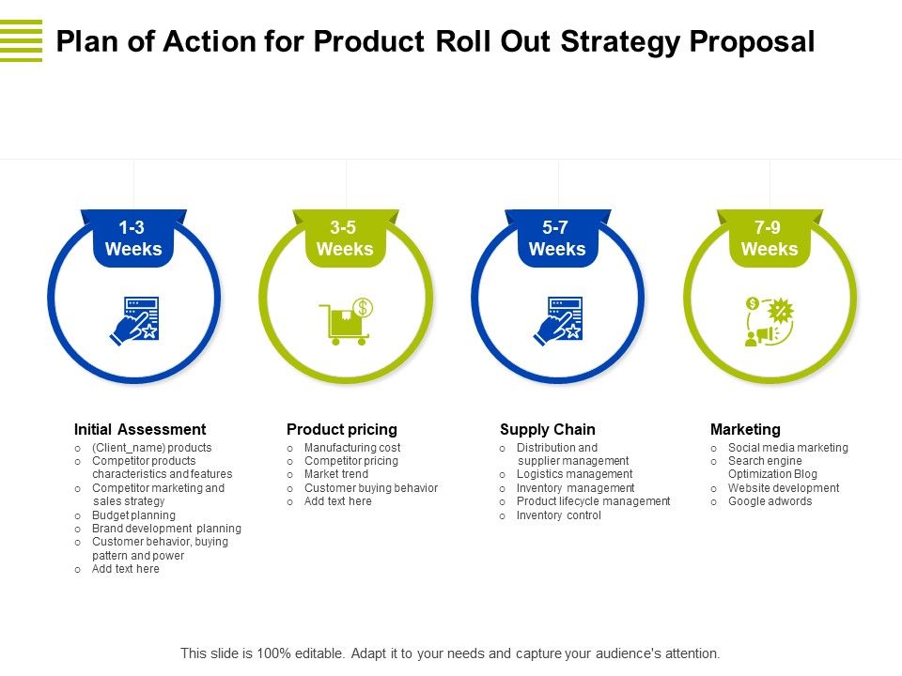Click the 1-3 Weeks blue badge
coord(133,238)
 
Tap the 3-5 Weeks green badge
coord(345,238)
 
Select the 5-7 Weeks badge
coord(557,238)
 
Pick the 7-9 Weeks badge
coord(770,238)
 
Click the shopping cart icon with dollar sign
coord(346,321)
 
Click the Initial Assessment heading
coord(139,429)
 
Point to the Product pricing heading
coord(341,429)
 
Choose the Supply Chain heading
coord(547,429)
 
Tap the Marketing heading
coord(745,429)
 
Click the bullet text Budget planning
coord(133,515)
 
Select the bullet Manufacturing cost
coord(352,448)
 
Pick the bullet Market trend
coord(336,475)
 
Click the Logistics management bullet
coord(574,475)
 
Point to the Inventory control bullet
coord(558,515)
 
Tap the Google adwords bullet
coord(770,501)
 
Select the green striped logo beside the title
coord(21,40)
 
